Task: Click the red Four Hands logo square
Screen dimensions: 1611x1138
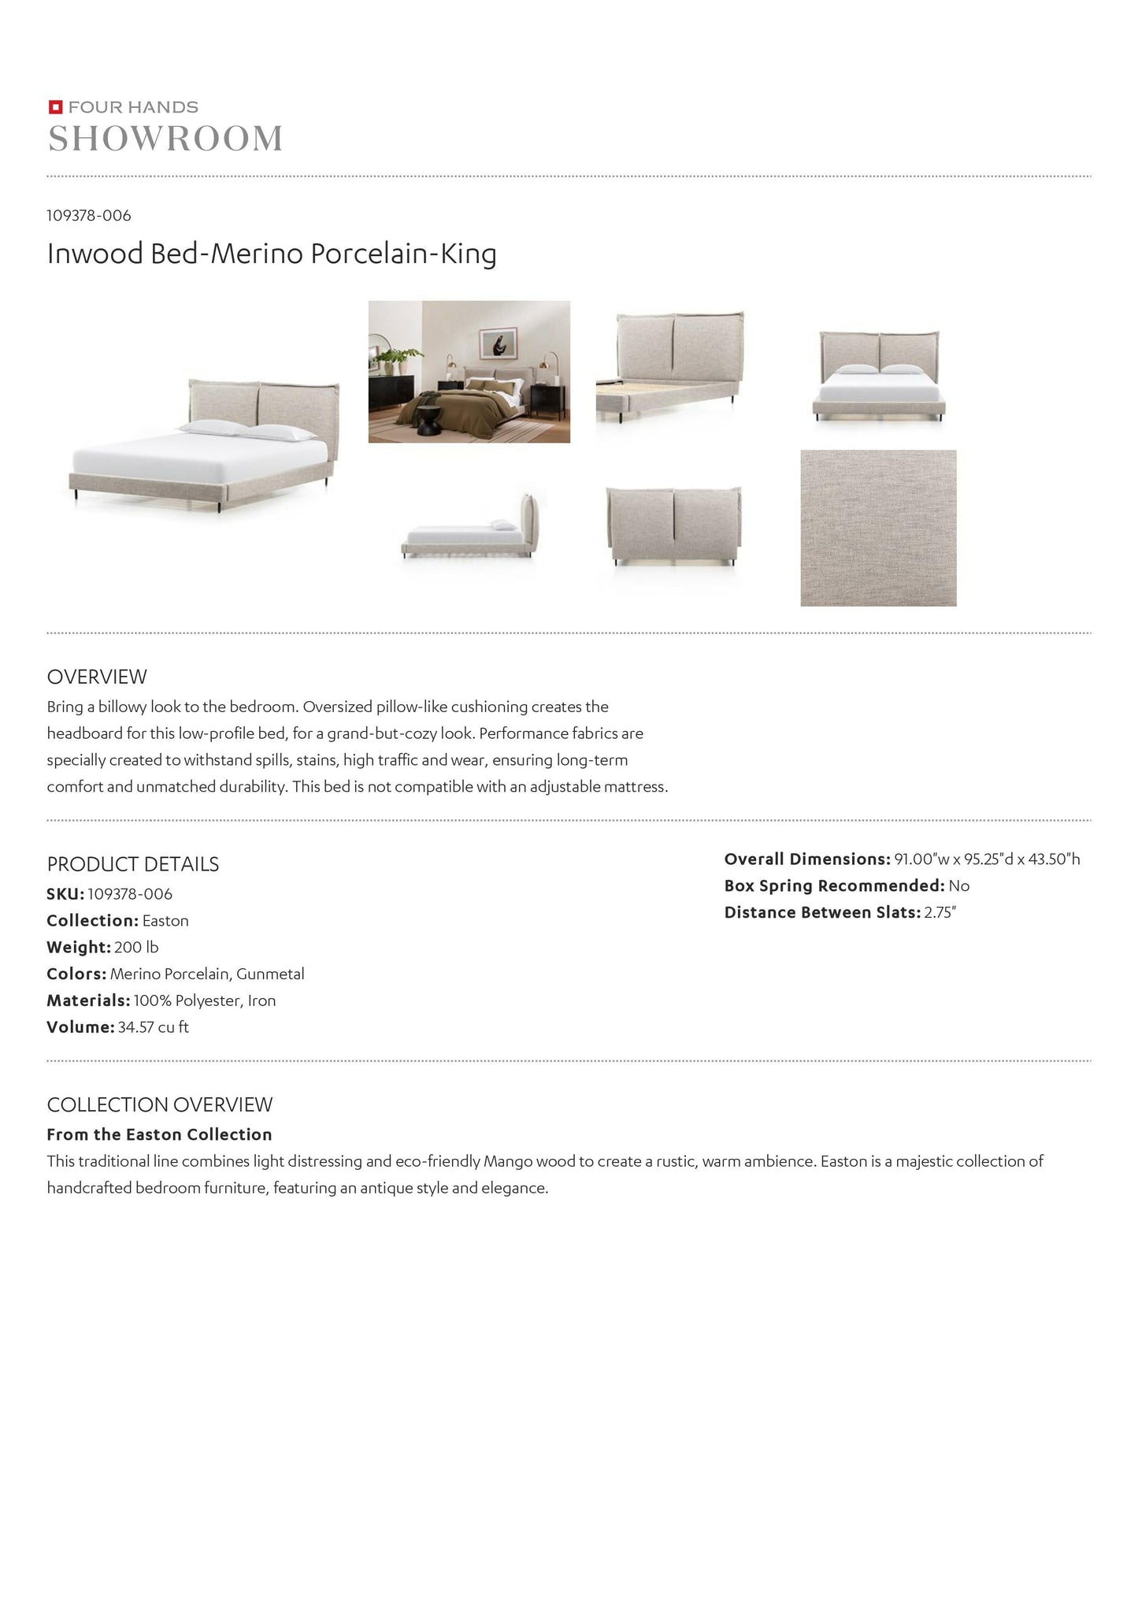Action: coord(55,107)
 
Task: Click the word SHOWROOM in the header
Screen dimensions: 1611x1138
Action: coord(165,139)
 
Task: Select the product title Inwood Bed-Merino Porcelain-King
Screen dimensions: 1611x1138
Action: coord(272,254)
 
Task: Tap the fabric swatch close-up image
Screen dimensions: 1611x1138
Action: coord(878,528)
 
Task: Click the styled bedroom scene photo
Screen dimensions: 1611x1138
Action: coord(469,372)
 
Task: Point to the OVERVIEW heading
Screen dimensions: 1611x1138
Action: coord(97,677)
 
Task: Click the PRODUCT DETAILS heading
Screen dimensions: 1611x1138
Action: coord(133,864)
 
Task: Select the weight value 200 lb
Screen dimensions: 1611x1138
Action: coord(136,947)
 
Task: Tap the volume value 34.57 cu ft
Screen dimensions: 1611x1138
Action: coord(153,1027)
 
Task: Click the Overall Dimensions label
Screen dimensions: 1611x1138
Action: coord(807,859)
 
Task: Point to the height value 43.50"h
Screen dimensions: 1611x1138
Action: coord(1055,859)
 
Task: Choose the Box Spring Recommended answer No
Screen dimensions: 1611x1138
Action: coord(958,886)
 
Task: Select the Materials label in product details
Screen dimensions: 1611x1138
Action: coord(88,1000)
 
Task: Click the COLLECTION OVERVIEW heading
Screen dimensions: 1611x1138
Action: coord(160,1104)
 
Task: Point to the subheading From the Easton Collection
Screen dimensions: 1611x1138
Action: coord(159,1134)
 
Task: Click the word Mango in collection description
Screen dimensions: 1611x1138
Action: coord(508,1161)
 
